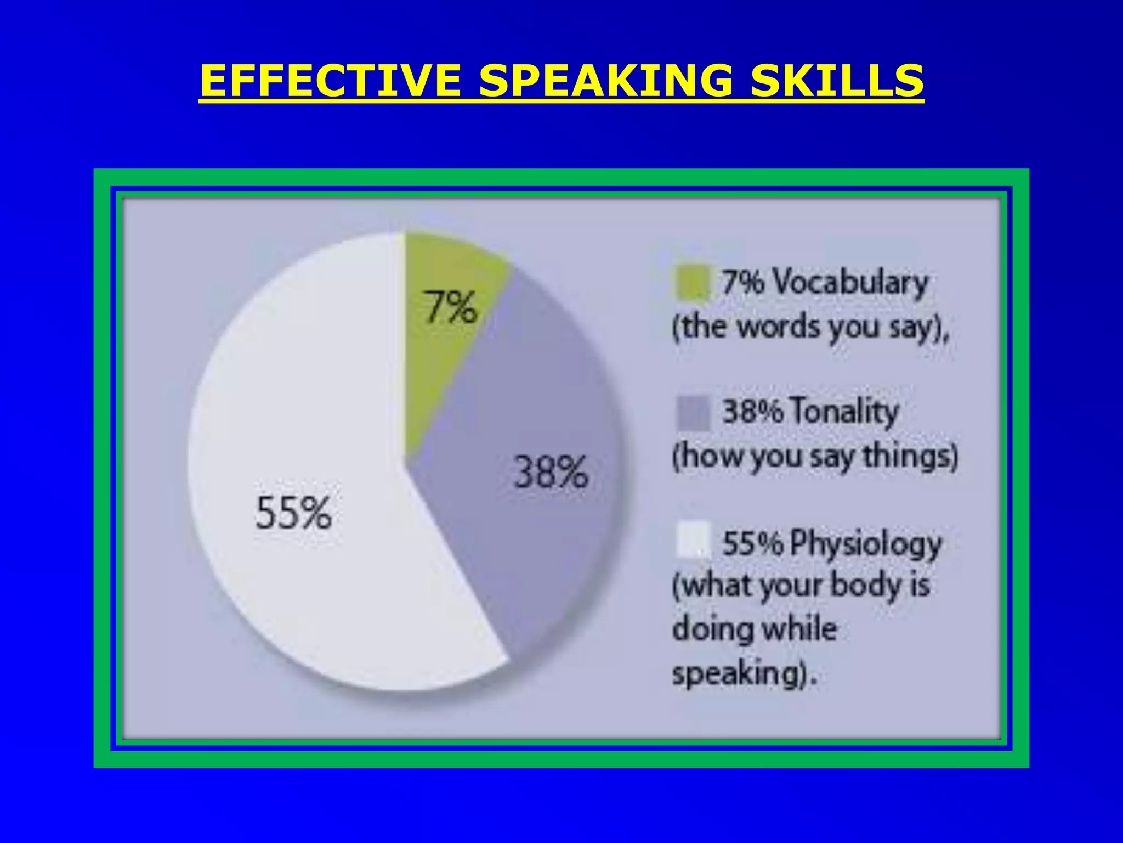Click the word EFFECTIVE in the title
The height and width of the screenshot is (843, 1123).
click(330, 81)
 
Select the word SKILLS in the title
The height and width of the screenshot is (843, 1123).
click(837, 81)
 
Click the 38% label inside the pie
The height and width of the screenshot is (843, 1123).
click(551, 472)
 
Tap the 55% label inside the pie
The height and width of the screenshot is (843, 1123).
click(293, 513)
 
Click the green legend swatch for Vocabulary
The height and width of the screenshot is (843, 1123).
click(692, 283)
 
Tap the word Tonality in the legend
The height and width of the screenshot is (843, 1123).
click(845, 412)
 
